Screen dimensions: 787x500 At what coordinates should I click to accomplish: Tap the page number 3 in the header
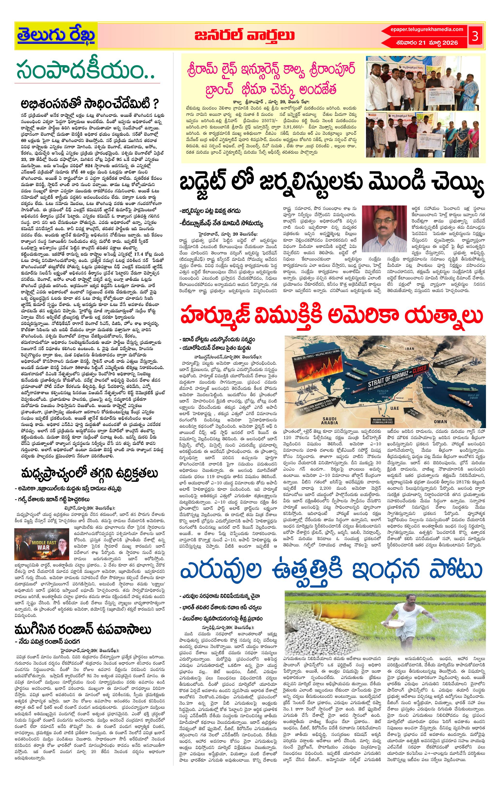pos(475,36)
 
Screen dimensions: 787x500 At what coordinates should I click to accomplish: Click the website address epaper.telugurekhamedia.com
pos(427,29)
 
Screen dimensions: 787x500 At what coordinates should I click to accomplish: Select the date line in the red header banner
pos(427,42)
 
